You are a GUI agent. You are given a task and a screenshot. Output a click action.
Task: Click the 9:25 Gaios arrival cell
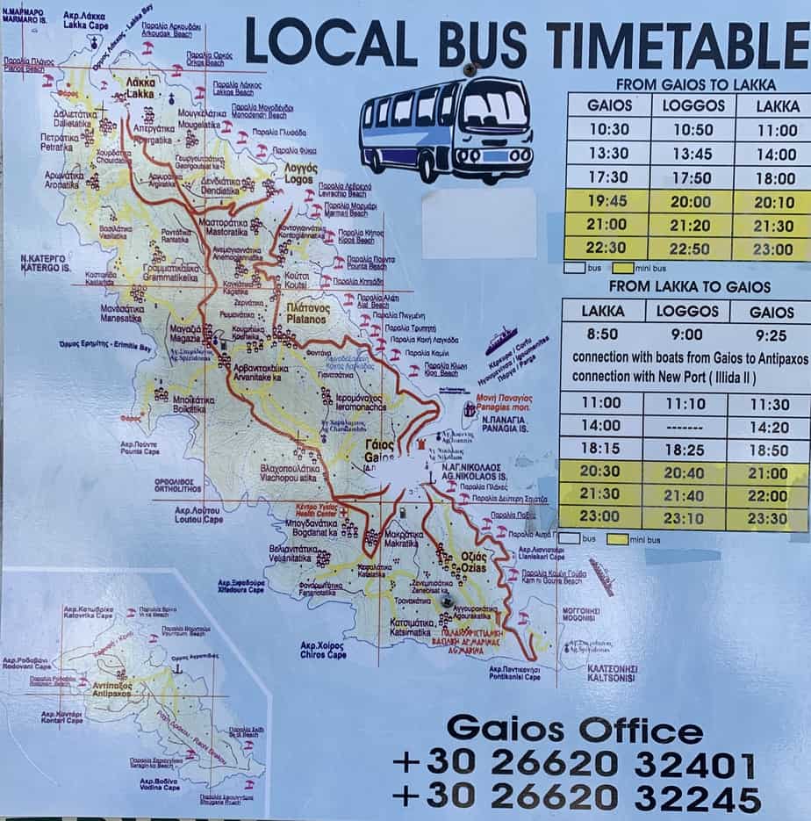click(772, 335)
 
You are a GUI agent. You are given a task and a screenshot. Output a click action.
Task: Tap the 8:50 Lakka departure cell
click(602, 335)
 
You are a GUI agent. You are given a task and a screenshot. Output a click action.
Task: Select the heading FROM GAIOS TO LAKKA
click(695, 85)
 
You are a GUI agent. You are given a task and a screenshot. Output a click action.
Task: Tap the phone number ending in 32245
click(575, 797)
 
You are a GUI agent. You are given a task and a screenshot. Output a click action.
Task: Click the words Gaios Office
click(574, 730)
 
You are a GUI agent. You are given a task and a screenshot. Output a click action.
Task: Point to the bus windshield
click(495, 112)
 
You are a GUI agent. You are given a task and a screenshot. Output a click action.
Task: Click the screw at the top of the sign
click(470, 68)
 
